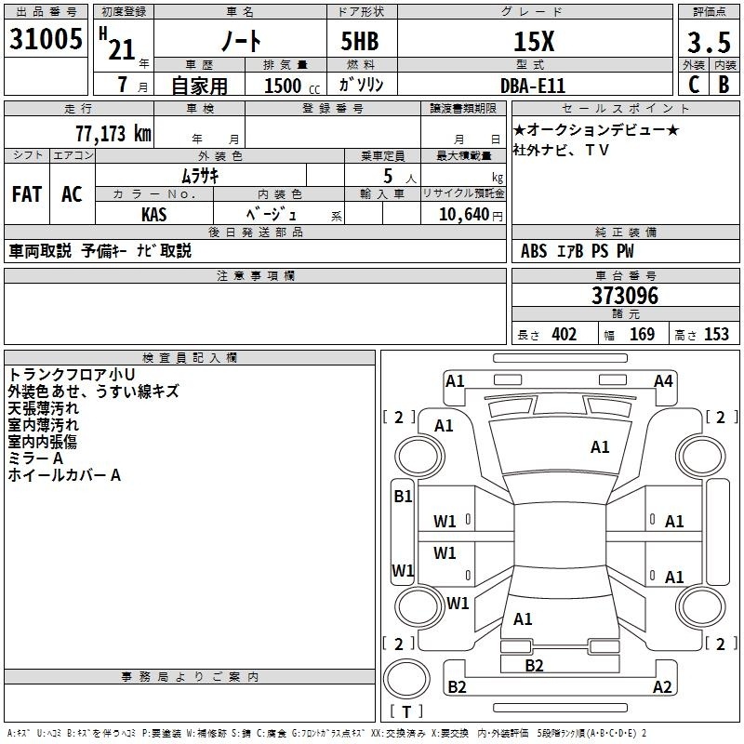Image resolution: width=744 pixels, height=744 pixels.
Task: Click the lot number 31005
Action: [46, 39]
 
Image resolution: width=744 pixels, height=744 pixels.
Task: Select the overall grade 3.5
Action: [709, 42]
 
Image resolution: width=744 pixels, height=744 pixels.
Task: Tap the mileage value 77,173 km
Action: [113, 134]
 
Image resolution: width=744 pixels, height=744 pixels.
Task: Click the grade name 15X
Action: [534, 42]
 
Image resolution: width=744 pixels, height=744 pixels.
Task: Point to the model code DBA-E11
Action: [533, 86]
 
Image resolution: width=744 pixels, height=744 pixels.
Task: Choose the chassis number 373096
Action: [625, 296]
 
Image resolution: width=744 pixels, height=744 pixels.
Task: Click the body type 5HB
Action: [360, 41]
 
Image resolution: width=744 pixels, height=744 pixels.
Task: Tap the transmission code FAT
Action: [27, 194]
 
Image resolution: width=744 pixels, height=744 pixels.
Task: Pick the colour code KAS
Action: [154, 215]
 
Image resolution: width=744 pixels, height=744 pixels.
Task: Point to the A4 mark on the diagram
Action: [663, 381]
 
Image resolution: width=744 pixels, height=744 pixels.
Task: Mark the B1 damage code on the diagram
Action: [403, 497]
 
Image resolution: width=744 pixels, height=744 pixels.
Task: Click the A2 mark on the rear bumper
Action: [662, 686]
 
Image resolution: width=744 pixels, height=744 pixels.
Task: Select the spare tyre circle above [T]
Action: [406, 679]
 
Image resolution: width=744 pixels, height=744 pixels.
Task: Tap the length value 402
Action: [565, 335]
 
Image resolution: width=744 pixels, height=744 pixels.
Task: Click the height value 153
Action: [716, 335]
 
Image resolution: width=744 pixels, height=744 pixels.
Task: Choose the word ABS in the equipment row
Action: [534, 251]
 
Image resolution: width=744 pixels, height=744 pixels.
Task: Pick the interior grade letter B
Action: [724, 85]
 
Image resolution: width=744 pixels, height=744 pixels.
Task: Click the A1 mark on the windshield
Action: [600, 447]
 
